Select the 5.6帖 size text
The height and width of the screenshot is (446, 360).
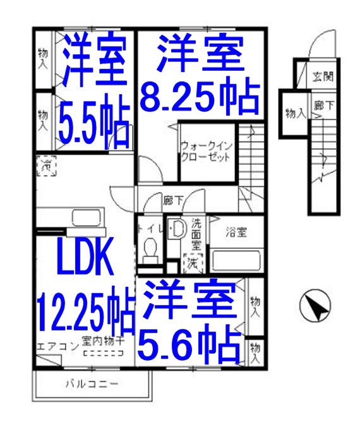(189, 345)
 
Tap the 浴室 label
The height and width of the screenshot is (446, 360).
(237, 231)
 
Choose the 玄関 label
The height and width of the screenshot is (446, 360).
(323, 78)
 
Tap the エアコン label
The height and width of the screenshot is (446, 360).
(57, 346)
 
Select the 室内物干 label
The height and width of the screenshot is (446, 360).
(102, 341)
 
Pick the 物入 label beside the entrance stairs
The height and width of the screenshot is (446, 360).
(294, 114)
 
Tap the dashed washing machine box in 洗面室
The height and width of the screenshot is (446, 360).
(190, 260)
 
